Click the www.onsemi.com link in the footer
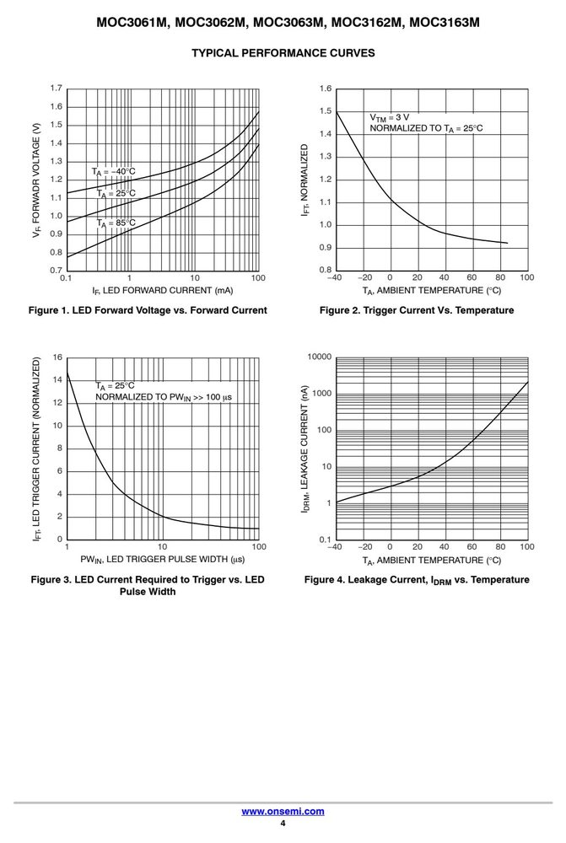coord(283,811)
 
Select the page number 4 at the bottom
coord(283,823)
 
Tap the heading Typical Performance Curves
coord(283,52)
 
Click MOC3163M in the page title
coord(444,23)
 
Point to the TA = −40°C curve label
coord(113,172)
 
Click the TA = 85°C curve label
coord(116,223)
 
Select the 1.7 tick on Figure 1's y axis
coord(56,89)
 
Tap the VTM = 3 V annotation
coord(389,118)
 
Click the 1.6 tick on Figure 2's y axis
coord(325,89)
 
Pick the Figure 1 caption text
coord(148,310)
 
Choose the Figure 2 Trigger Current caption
coord(417,310)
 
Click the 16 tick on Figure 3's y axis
coord(57,357)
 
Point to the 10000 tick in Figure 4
coord(320,357)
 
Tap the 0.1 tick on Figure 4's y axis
coord(325,540)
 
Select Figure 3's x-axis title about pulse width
coord(163,560)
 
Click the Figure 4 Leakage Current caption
coord(417,580)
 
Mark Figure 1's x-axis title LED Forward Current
coord(163,291)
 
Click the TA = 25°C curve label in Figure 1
coord(116,194)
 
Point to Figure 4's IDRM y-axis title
coord(305,449)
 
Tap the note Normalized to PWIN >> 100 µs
coord(164,397)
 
